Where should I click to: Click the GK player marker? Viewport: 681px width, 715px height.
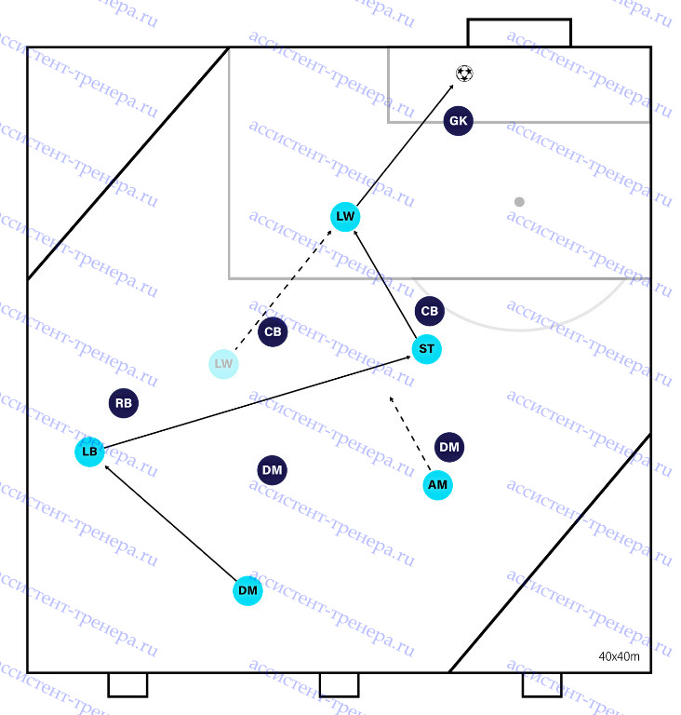pos(458,121)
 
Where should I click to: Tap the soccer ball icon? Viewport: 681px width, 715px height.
pos(464,74)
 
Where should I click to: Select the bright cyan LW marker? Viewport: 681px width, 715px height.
pos(345,217)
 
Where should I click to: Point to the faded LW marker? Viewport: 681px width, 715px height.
pos(223,364)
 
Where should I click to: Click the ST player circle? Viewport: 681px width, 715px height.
pos(427,349)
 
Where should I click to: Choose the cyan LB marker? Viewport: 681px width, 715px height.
pos(90,452)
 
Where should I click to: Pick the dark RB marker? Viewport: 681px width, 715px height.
pos(124,403)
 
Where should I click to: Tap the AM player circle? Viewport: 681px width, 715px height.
pos(437,485)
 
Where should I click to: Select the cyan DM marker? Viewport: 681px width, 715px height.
pos(247,591)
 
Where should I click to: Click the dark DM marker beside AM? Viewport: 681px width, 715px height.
pos(449,447)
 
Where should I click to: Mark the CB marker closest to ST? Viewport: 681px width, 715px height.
pos(430,311)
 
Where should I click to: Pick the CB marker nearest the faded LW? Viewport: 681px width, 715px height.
pos(273,332)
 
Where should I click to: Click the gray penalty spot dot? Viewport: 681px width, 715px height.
pos(519,201)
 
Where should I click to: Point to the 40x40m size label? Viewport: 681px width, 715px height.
pos(619,656)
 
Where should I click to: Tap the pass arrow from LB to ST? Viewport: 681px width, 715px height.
pos(258,402)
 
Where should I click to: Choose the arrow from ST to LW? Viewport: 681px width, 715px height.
pos(386,285)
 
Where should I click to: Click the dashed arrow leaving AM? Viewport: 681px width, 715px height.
pos(409,434)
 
